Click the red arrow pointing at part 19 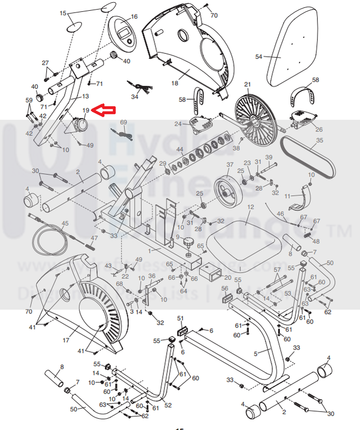(x=103, y=110)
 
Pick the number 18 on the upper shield (x=174, y=83)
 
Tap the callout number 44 (x=180, y=150)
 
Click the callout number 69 (x=124, y=122)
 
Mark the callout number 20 (x=228, y=277)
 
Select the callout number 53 (x=288, y=294)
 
